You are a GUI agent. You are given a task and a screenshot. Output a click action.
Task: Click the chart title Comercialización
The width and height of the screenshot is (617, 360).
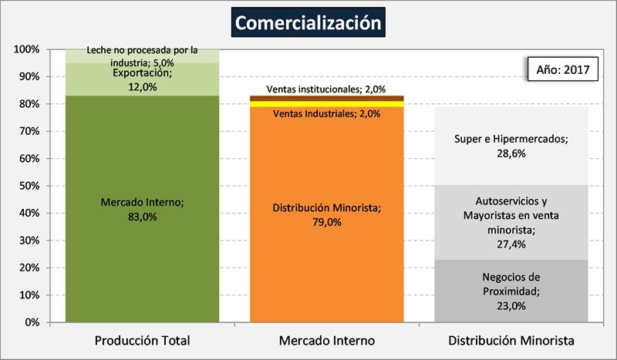click(x=308, y=22)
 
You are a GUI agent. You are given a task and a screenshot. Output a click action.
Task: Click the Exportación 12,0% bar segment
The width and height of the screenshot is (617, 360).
click(x=142, y=79)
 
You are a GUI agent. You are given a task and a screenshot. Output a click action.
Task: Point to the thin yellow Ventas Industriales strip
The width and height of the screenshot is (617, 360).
click(x=327, y=104)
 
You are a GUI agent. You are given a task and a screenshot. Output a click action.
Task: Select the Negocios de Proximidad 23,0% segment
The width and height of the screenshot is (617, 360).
click(x=511, y=291)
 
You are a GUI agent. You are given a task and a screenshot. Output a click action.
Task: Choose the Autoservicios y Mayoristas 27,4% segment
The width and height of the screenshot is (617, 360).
click(x=511, y=222)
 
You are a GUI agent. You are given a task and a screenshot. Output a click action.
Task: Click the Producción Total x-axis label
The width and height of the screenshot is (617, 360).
click(x=142, y=340)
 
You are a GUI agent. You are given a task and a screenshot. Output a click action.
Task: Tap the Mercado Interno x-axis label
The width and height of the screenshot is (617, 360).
click(x=327, y=340)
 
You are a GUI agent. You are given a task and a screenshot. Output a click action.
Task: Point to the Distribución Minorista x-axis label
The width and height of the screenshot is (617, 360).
click(x=511, y=340)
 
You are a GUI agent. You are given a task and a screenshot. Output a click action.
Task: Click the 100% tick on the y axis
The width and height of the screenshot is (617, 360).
click(x=27, y=49)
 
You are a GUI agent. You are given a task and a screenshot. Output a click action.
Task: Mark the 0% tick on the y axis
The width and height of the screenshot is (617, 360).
click(x=32, y=322)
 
